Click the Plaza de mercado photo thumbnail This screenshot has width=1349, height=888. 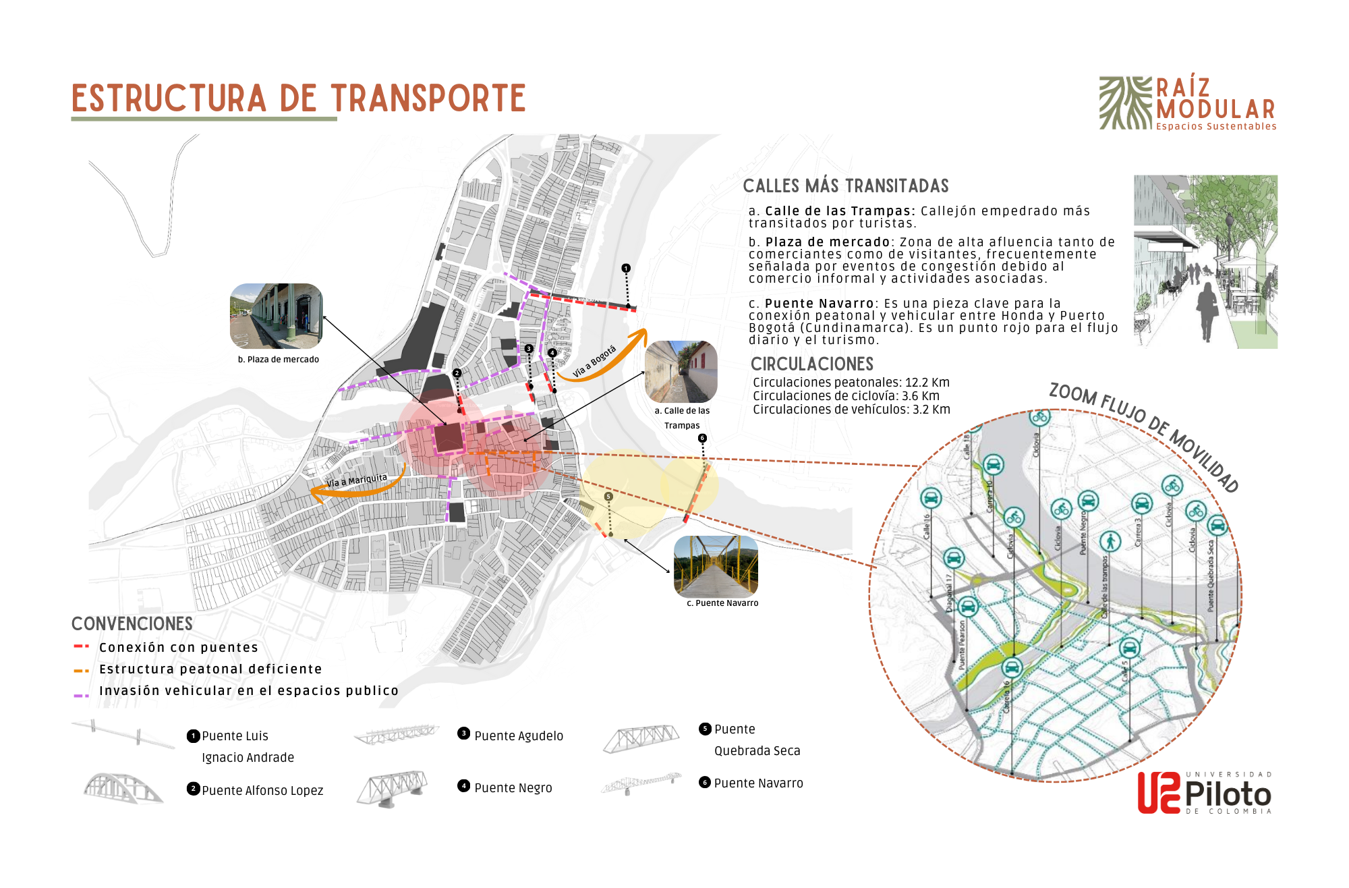276,316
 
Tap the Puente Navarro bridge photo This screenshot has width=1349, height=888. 716,565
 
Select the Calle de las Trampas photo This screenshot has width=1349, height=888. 681,371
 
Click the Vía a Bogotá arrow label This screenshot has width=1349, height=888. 594,362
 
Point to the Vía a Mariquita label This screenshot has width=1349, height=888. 357,480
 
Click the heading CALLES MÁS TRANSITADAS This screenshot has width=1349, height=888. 845,186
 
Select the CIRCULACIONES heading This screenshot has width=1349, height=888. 811,364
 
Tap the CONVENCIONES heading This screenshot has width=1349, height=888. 132,624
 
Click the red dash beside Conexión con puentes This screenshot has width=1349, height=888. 81,646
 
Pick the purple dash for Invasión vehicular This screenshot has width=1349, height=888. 81,695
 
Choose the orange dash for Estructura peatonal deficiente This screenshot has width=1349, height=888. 81,670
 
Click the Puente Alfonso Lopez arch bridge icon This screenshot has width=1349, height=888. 122,788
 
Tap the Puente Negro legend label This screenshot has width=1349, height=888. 513,788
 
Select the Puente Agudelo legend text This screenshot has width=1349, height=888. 518,736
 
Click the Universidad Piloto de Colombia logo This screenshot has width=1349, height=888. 1204,793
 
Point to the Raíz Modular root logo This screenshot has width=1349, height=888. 1125,103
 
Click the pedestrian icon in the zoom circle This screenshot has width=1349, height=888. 1110,541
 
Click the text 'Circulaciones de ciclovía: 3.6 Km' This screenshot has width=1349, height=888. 846,396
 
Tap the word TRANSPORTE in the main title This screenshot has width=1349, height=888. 428,99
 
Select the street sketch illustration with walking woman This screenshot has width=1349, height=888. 1205,262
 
